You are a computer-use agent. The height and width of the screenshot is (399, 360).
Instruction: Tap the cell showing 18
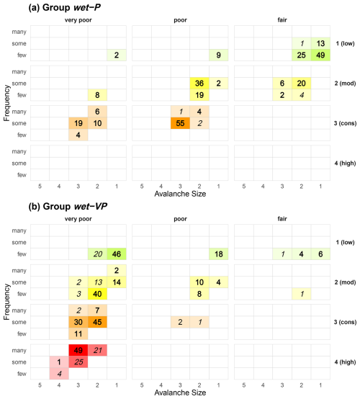pos(218,254)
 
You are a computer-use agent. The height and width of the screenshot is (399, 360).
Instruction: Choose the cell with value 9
pos(218,55)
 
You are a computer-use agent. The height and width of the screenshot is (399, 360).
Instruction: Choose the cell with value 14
pos(117,282)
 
